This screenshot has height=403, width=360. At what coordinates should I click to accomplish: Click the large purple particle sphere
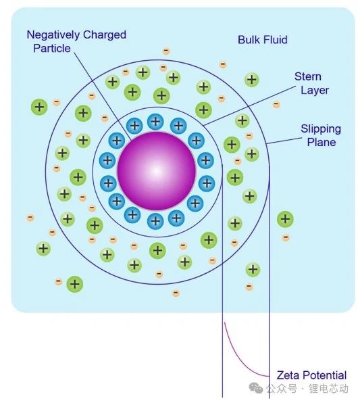[x=157, y=171]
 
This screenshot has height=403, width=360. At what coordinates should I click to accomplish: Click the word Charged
[x=105, y=35]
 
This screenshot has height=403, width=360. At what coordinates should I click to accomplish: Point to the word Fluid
[x=274, y=40]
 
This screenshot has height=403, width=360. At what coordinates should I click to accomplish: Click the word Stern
[x=307, y=76]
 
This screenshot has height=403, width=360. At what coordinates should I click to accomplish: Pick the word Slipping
[x=321, y=129]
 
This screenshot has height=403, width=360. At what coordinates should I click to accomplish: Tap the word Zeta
[x=287, y=375]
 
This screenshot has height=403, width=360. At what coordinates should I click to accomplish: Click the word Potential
[x=323, y=375]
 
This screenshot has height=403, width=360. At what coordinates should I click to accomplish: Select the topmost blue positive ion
[x=155, y=121]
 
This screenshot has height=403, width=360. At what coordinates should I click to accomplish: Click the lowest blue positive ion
[x=155, y=221]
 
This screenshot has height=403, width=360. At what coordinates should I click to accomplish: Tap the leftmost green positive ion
[x=39, y=108]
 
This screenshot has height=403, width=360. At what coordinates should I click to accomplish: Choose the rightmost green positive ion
[x=285, y=219]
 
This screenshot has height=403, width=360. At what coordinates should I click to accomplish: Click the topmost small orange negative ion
[x=166, y=51]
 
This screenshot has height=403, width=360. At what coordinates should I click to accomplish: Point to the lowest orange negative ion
[x=176, y=293]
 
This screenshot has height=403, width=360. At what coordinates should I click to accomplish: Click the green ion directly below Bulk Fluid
[x=252, y=80]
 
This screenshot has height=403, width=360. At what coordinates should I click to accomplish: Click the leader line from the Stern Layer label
[x=249, y=106]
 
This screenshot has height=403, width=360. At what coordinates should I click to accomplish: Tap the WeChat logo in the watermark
[x=255, y=388]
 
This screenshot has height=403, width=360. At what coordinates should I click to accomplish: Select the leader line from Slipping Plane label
[x=284, y=141]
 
